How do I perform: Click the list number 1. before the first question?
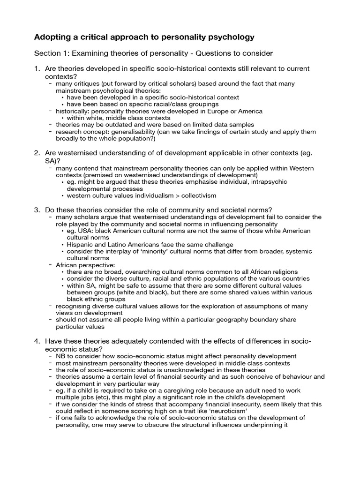click(x=37, y=69)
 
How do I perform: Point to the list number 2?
click(x=37, y=153)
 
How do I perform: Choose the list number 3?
click(x=37, y=209)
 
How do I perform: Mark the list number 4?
click(x=37, y=340)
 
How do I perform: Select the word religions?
click(x=282, y=272)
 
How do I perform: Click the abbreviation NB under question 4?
click(x=60, y=356)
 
